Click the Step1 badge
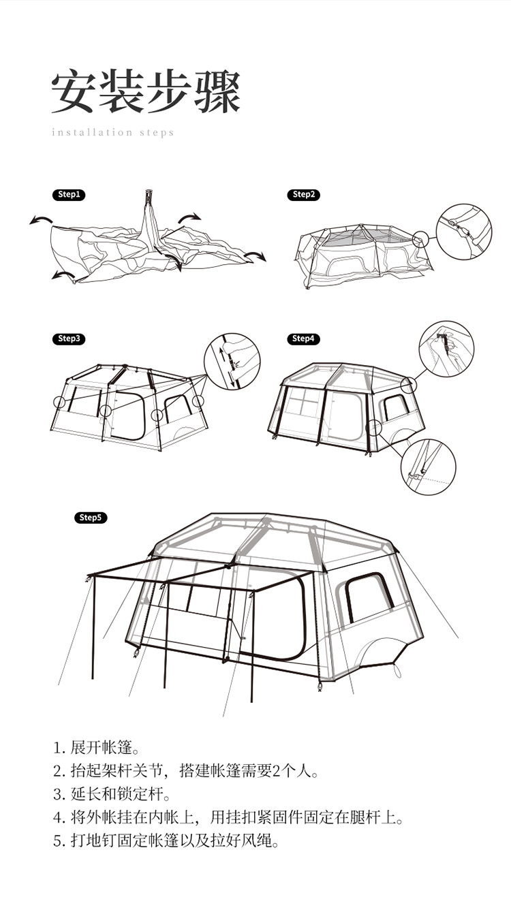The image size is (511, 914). pyautogui.click(x=69, y=195)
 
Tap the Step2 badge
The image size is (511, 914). pyautogui.click(x=303, y=195)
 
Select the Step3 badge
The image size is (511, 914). pyautogui.click(x=69, y=338)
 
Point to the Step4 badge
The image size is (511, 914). pyautogui.click(x=303, y=338)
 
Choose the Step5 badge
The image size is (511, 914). pyautogui.click(x=91, y=518)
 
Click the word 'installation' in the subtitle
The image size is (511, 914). pyautogui.click(x=92, y=132)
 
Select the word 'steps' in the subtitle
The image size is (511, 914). pyautogui.click(x=156, y=133)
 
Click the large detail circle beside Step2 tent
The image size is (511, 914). pyautogui.click(x=464, y=204)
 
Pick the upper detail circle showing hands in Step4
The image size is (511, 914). pyautogui.click(x=446, y=321)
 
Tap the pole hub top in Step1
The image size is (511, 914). pyautogui.click(x=149, y=193)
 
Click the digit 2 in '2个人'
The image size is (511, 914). pyautogui.click(x=277, y=771)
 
